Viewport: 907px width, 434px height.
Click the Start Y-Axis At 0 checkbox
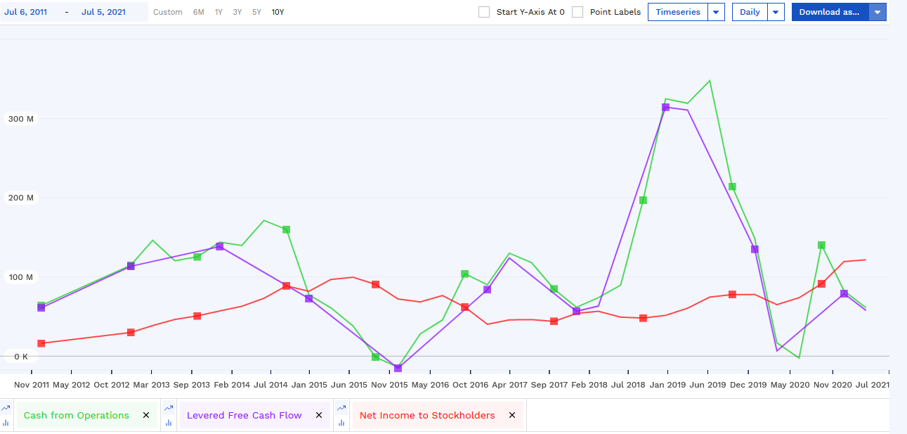[x=484, y=12]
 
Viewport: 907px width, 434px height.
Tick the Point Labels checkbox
[x=578, y=12]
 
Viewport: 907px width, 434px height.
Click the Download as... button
[x=829, y=12]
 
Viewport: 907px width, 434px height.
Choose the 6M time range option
[x=199, y=12]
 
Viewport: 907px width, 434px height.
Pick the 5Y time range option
[x=257, y=12]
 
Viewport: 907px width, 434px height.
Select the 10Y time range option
[x=278, y=12]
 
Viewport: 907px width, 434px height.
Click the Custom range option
[x=168, y=12]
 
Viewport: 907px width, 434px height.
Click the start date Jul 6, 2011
[x=26, y=12]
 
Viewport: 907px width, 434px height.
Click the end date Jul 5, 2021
[x=103, y=12]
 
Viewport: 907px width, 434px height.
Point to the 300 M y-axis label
[x=21, y=119]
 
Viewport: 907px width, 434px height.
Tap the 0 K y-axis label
[x=21, y=357]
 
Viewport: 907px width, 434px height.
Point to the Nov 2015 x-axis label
[x=389, y=385]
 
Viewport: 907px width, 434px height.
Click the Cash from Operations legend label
[x=77, y=416]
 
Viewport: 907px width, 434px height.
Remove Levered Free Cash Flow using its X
[x=319, y=416]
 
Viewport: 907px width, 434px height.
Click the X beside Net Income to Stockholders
[x=512, y=416]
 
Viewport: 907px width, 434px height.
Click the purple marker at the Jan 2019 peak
[x=665, y=107]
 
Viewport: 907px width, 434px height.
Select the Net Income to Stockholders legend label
[x=427, y=416]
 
